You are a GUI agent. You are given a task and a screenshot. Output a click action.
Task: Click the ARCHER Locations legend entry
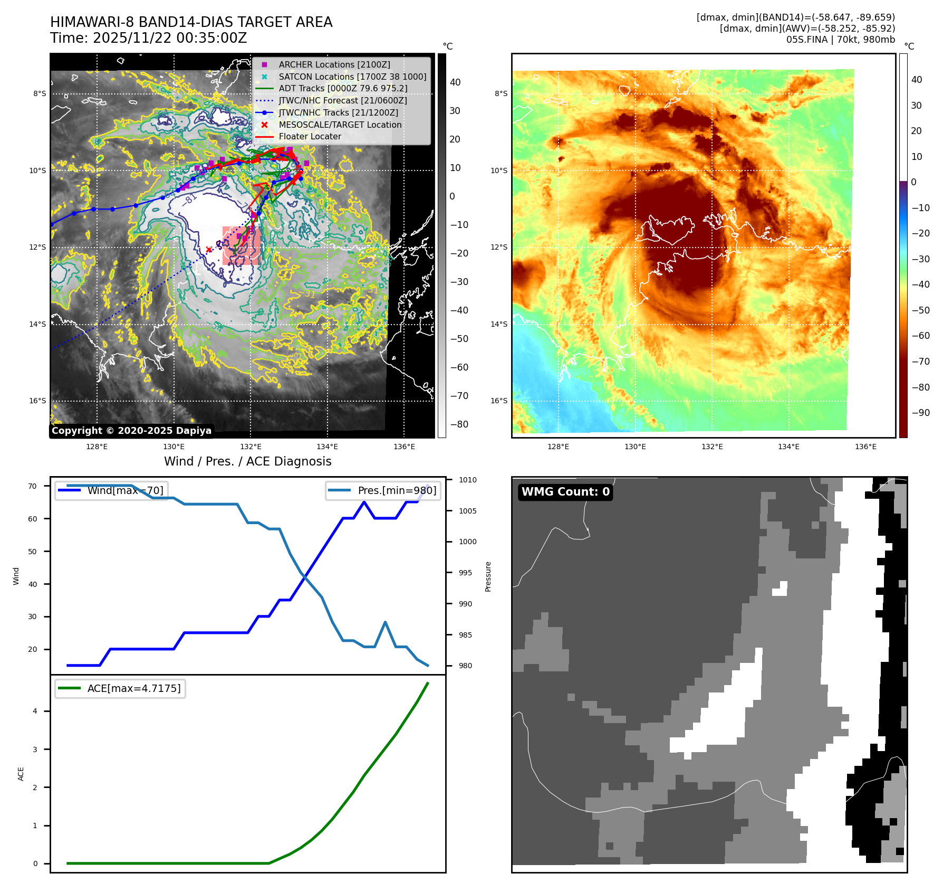click(334, 64)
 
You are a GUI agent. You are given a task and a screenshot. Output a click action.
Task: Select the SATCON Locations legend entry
click(352, 77)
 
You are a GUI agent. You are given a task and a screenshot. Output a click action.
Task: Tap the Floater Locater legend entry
click(310, 136)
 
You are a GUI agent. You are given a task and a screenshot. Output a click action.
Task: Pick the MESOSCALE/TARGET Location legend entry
click(340, 125)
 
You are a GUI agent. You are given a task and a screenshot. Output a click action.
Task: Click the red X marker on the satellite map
click(209, 250)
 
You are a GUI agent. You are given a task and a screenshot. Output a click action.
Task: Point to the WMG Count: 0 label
click(565, 492)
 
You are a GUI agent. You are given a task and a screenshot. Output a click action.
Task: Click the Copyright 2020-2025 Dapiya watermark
click(131, 431)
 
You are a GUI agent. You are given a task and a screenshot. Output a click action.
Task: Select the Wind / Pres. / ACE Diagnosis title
click(247, 461)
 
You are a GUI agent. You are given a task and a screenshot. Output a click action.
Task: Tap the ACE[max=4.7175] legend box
click(120, 688)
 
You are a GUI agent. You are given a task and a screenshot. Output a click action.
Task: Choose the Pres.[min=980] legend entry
click(383, 490)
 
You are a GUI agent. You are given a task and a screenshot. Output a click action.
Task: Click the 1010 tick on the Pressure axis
click(467, 480)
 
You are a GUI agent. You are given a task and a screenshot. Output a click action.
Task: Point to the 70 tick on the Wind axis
click(33, 486)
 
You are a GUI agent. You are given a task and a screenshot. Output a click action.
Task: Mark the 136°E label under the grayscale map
click(404, 447)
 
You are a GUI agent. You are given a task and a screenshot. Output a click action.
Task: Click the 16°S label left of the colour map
click(498, 401)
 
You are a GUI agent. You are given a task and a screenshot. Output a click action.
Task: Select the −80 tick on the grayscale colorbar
click(459, 424)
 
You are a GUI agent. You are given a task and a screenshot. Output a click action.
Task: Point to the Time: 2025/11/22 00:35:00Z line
click(149, 38)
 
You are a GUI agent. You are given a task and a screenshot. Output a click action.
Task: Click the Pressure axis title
click(488, 576)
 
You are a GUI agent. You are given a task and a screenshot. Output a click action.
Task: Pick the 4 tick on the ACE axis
click(35, 711)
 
